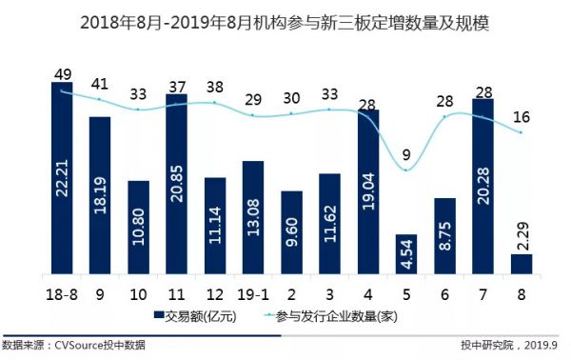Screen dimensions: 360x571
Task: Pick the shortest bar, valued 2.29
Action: (522, 264)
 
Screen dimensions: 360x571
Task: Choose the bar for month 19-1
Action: (253, 217)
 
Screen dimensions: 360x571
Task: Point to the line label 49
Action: (62, 73)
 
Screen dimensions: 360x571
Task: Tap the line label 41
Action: (100, 84)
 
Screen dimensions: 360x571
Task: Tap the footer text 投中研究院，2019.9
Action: (513, 344)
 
